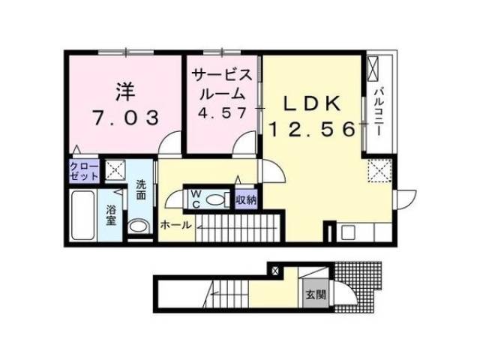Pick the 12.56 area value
coord(312,130)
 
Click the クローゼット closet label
coord(83,171)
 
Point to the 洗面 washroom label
coord(141,190)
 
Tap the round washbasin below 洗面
coord(137,226)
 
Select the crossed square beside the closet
coord(116,171)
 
